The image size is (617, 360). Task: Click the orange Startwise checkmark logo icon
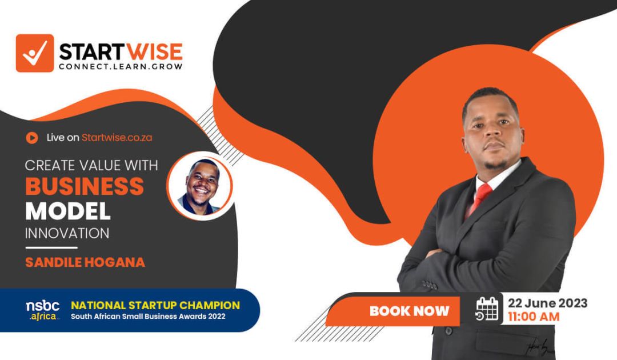tap(34, 53)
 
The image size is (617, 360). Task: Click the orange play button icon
tap(32, 137)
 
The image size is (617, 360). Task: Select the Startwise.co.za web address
tap(117, 137)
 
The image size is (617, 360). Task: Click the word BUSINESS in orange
tap(84, 186)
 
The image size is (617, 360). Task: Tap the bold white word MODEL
tap(68, 211)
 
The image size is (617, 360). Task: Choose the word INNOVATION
tap(67, 233)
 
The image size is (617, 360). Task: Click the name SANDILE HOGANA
tap(85, 262)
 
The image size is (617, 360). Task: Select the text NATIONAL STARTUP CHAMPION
tap(155, 306)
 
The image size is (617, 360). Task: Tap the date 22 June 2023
tap(547, 303)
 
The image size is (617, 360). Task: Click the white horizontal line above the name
tap(51, 247)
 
